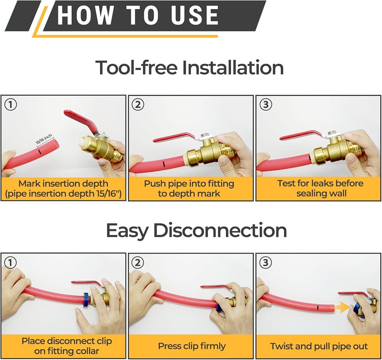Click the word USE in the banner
(x=194, y=15)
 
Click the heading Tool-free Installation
(x=189, y=68)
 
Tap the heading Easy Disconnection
(x=196, y=230)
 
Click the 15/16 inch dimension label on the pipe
(x=44, y=139)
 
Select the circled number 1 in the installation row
(x=11, y=105)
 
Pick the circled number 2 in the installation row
(x=138, y=105)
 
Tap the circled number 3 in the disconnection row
(x=265, y=263)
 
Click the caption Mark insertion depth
(x=63, y=184)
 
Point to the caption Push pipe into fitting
(x=189, y=184)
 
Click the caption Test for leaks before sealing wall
(x=320, y=188)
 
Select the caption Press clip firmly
(x=192, y=346)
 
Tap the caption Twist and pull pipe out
(x=319, y=346)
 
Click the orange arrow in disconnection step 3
(x=342, y=307)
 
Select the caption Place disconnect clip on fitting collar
(x=66, y=346)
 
